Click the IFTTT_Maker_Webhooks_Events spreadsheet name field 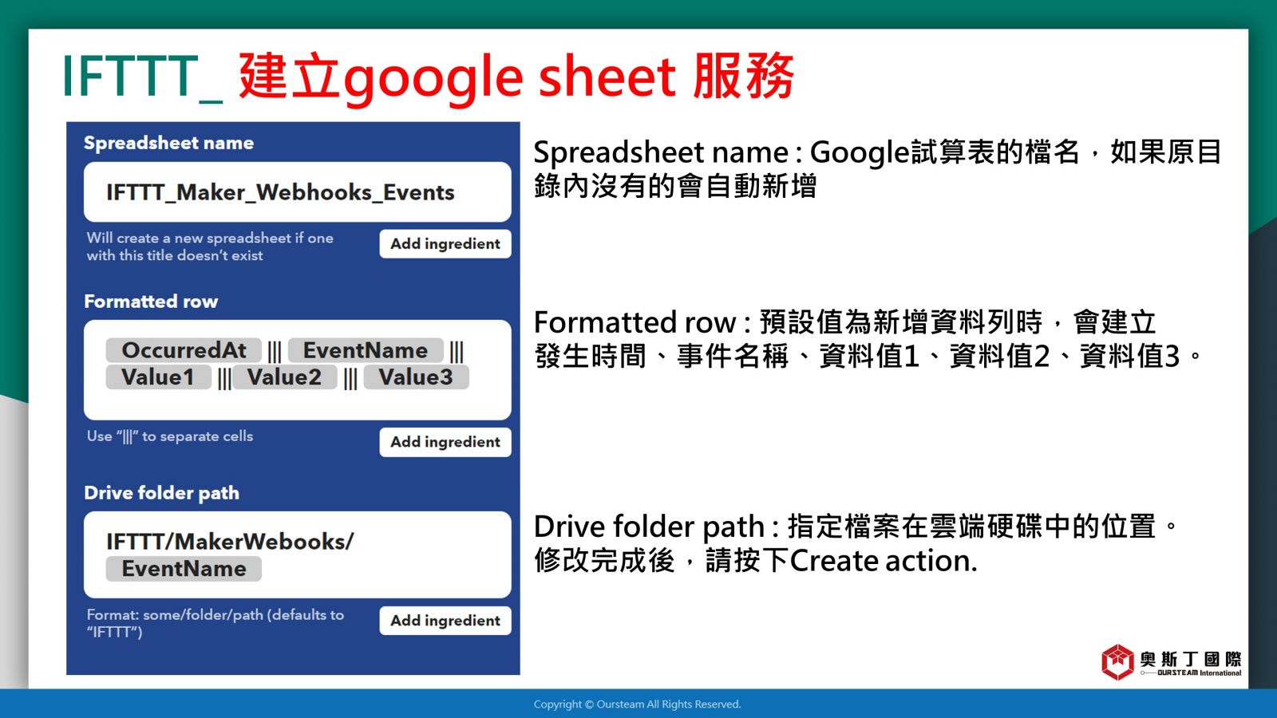pos(297,192)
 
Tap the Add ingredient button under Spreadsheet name pos(445,244)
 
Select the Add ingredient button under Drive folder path pos(445,621)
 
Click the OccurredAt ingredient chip pos(184,350)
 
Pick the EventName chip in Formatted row pos(366,350)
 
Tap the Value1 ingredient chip pos(158,377)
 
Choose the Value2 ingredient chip pos(284,377)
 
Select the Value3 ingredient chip pos(416,377)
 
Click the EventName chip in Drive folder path pos(184,569)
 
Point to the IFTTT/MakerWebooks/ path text pos(230,542)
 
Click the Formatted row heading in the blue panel pos(151,302)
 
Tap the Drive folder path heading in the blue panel pos(161,493)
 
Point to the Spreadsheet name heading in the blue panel pos(168,143)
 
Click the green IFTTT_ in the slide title pos(143,77)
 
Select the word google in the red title pos(433,80)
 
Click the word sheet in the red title pos(607,76)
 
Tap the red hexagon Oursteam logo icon pos(1117,662)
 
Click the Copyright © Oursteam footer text pos(638,704)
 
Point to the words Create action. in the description pos(883,561)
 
